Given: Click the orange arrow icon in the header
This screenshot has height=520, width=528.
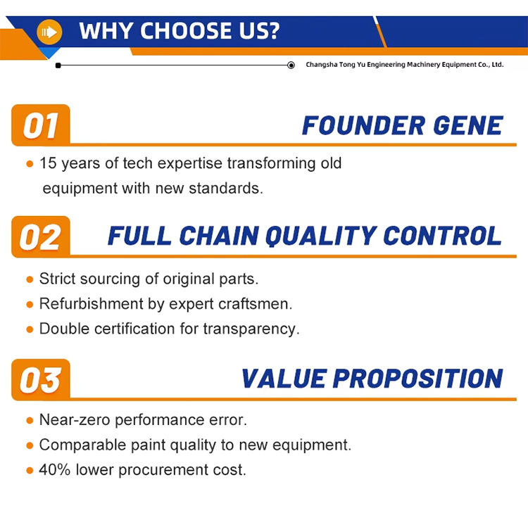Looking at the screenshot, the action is pyautogui.click(x=49, y=32).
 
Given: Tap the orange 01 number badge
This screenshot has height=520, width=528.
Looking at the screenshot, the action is pyautogui.click(x=41, y=125).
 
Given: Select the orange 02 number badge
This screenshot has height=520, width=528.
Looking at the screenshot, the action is pyautogui.click(x=41, y=237).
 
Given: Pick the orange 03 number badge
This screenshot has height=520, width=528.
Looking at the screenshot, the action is pyautogui.click(x=41, y=380).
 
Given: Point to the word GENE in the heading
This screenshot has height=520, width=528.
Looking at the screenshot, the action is pyautogui.click(x=468, y=125).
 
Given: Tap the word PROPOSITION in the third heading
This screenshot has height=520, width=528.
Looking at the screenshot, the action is pyautogui.click(x=418, y=379).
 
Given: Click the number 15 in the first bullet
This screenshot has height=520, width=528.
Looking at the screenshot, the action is pyautogui.click(x=48, y=163).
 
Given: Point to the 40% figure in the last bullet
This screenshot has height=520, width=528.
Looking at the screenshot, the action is pyautogui.click(x=54, y=469).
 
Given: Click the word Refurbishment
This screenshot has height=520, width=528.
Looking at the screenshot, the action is pyautogui.click(x=92, y=303).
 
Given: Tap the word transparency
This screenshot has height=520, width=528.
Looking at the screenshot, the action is pyautogui.click(x=251, y=329).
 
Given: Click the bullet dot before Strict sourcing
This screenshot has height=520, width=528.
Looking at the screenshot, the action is pyautogui.click(x=30, y=279).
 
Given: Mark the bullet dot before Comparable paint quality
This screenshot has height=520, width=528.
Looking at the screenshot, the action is pyautogui.click(x=30, y=445).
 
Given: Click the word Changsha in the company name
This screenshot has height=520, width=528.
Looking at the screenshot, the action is pyautogui.click(x=322, y=65).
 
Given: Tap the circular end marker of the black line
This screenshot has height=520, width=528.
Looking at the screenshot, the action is pyautogui.click(x=291, y=65).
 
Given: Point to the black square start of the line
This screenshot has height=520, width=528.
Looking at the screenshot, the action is pyautogui.click(x=58, y=65).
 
